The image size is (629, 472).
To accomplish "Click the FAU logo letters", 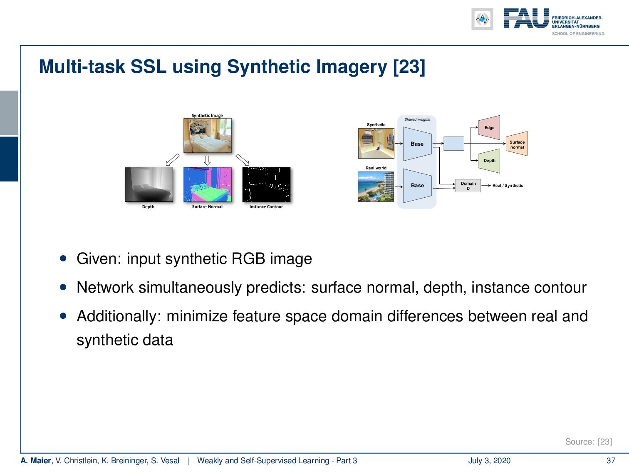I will click(526, 19).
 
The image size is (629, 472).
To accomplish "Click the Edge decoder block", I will click(489, 127).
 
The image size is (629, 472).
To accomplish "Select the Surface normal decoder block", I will click(517, 144).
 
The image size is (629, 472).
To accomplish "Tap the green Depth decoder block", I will click(489, 161).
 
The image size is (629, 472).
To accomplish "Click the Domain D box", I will click(468, 186).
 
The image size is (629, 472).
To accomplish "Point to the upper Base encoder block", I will click(417, 144).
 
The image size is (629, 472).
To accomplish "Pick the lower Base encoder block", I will click(417, 186).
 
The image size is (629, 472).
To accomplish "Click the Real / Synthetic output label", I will click(508, 186).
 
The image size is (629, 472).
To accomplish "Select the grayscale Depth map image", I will click(149, 184).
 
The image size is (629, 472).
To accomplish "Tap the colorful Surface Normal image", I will click(207, 184).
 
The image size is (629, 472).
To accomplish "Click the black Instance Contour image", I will click(266, 184).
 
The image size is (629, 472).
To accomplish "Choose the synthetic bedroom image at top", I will click(207, 135).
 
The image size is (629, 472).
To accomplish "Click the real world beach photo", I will click(376, 186).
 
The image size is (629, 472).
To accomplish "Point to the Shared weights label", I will click(417, 119).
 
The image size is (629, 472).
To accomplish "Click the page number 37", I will click(611, 460).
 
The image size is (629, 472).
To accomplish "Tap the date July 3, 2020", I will click(489, 460).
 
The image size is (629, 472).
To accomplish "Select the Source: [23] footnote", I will click(588, 442).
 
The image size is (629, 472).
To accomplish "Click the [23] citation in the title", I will click(409, 67).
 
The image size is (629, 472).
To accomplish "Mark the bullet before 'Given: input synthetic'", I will click(63, 258).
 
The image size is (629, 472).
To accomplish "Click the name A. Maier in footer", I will click(35, 460).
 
